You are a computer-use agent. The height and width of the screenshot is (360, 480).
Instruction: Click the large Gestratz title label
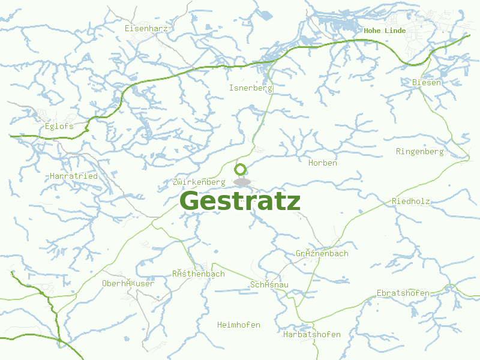(x=240, y=202)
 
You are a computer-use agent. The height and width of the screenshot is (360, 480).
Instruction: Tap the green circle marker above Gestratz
(x=241, y=169)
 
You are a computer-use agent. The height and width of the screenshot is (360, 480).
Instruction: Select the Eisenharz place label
(x=146, y=28)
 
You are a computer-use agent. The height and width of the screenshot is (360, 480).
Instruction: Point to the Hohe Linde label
(x=385, y=31)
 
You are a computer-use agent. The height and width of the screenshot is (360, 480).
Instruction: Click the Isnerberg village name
(x=251, y=88)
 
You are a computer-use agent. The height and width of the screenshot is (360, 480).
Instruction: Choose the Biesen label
(x=427, y=82)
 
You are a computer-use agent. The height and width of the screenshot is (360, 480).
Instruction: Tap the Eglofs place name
(x=59, y=127)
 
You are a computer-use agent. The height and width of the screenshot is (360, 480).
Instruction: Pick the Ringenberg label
(x=420, y=152)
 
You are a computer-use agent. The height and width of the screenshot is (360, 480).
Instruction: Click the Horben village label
(x=323, y=163)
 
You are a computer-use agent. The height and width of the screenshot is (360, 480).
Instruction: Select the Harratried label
(x=74, y=176)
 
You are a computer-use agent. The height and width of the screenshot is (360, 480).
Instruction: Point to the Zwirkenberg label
(x=199, y=182)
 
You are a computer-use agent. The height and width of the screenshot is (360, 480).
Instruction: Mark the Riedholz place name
(x=411, y=202)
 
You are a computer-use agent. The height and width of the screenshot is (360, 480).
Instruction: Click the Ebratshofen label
(x=403, y=293)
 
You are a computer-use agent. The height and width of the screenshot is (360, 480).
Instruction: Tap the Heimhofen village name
(x=239, y=325)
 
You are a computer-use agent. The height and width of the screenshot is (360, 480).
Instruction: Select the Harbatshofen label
(x=312, y=335)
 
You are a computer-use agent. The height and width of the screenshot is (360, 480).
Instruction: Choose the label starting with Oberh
(x=128, y=283)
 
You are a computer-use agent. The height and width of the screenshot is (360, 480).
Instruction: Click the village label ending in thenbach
(x=199, y=274)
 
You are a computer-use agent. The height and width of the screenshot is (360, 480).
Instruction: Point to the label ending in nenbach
(x=322, y=254)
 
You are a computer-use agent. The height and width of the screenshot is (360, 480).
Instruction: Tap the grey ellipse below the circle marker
(x=242, y=182)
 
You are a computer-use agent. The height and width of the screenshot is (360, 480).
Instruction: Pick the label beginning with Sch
(x=269, y=284)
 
